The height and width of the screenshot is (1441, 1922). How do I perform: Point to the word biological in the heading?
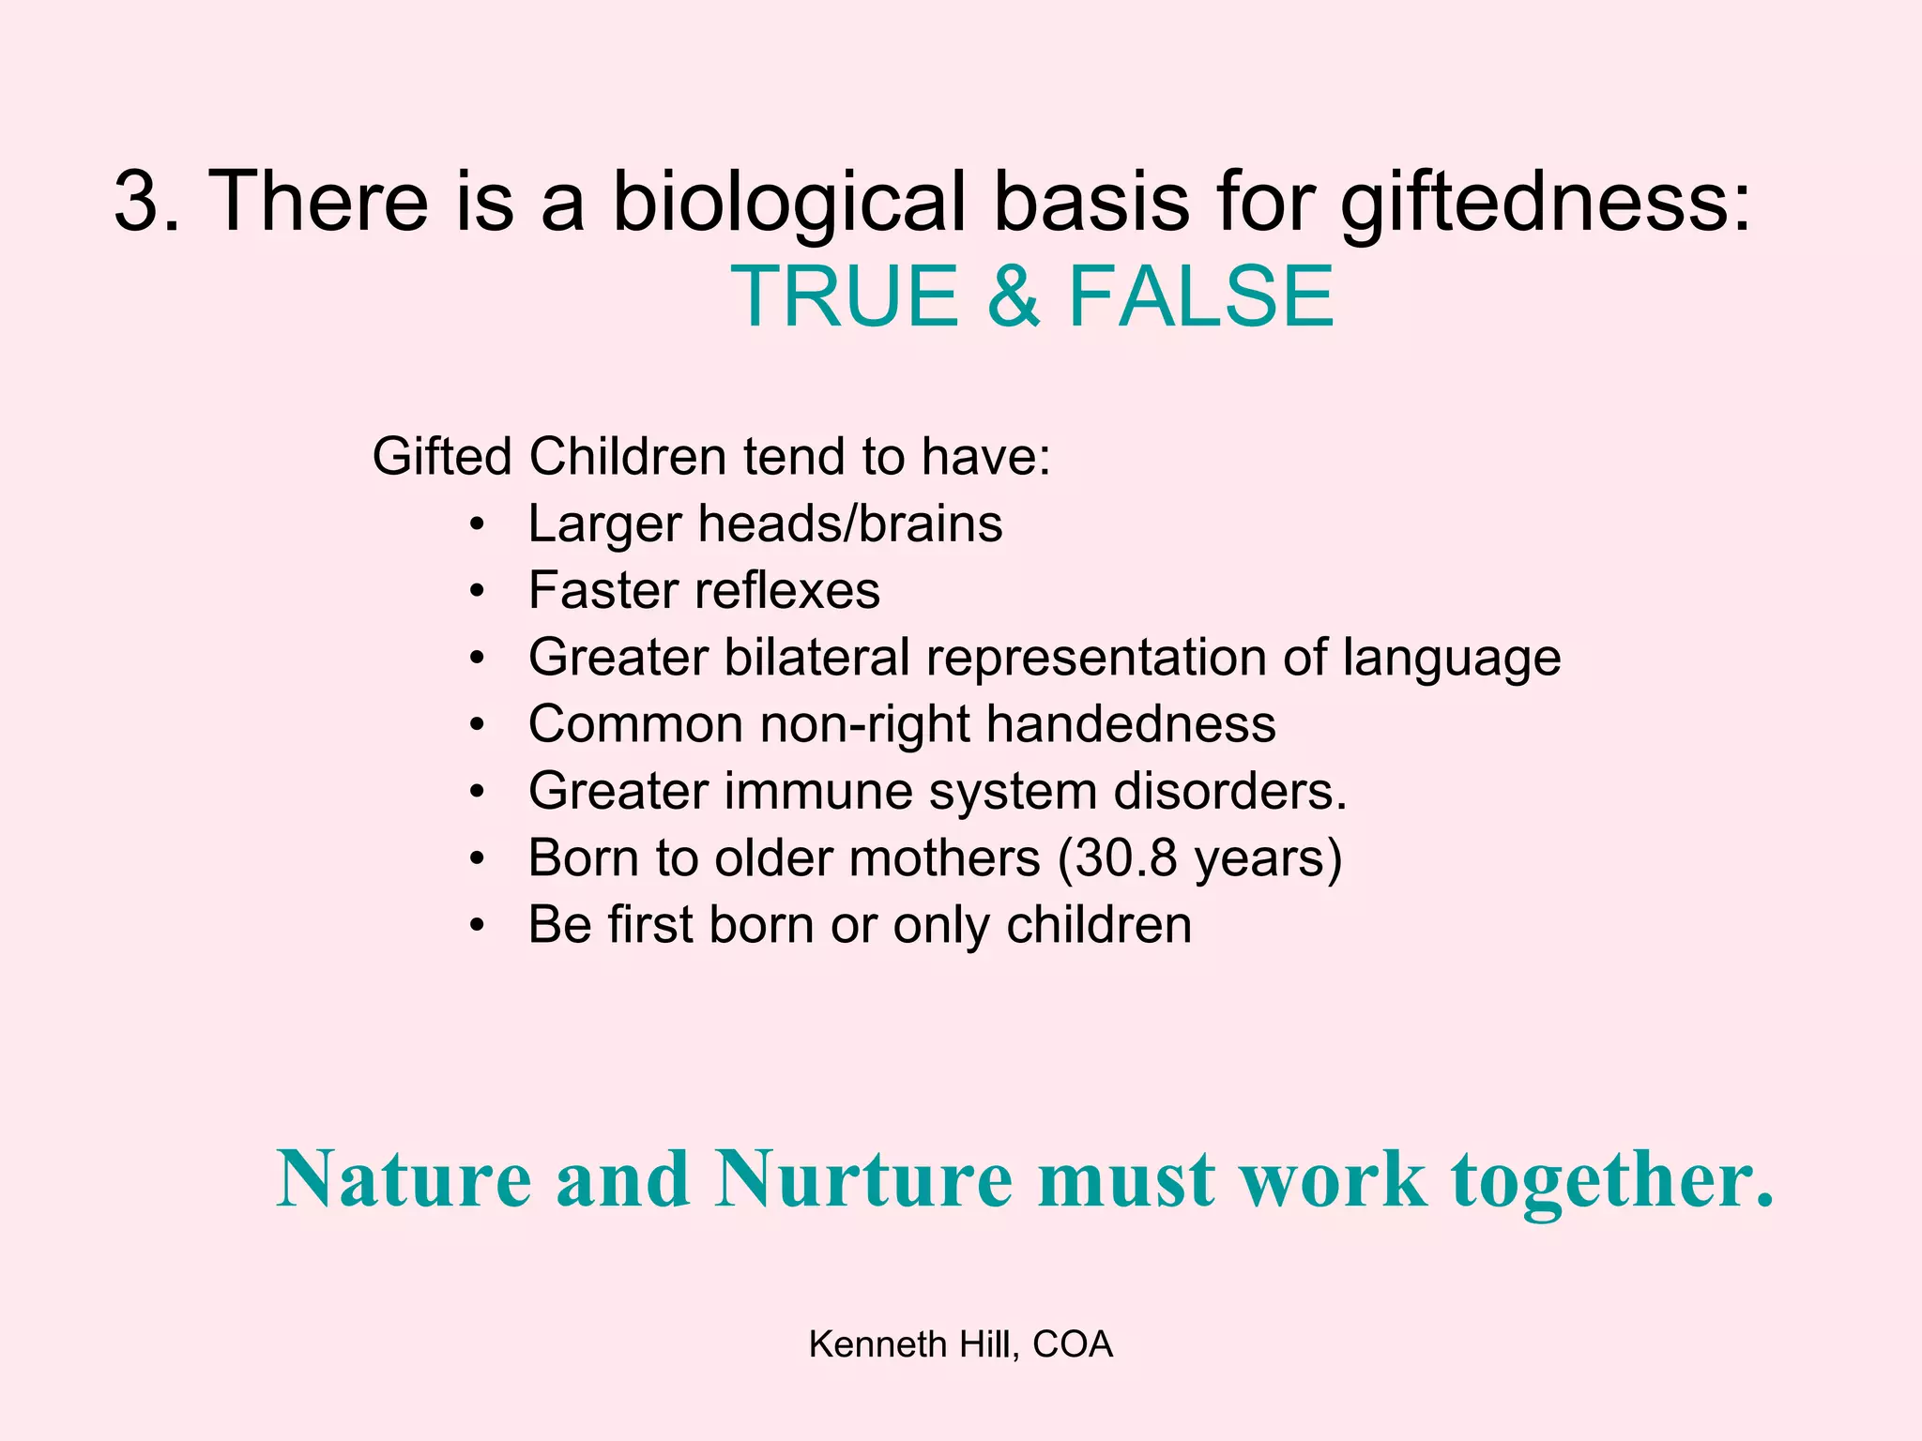788,203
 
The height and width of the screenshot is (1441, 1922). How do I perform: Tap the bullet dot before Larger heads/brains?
478,524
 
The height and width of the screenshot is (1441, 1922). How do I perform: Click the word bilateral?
816,657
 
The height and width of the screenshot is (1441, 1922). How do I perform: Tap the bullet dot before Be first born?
478,926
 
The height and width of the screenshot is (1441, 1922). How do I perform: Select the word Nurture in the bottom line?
863,1179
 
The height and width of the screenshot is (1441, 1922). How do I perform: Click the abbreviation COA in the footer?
1073,1344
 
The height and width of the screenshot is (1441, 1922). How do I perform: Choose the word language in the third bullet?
1451,659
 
